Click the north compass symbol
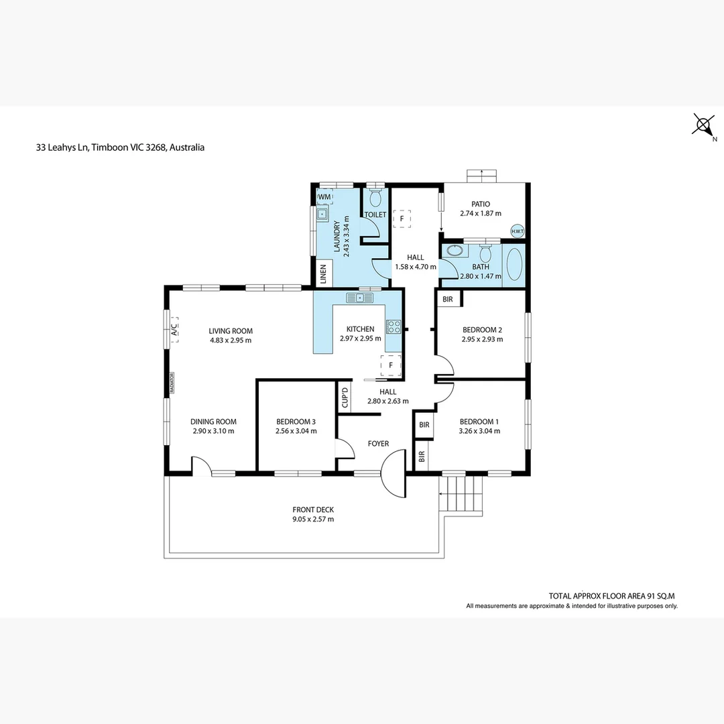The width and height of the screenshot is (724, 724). (x=704, y=125)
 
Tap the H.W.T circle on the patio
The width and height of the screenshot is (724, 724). (x=517, y=231)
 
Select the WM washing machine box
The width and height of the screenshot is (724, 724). (x=324, y=196)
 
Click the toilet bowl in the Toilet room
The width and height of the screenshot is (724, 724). (x=375, y=198)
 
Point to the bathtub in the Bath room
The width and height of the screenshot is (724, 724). (x=514, y=265)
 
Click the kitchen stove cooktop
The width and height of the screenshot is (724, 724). (x=394, y=327)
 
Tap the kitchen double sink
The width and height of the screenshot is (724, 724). (x=360, y=298)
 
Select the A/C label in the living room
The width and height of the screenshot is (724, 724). (x=174, y=330)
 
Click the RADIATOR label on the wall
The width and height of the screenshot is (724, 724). (x=172, y=383)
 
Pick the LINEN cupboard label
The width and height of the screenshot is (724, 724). (x=323, y=274)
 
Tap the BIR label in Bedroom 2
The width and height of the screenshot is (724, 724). (x=447, y=299)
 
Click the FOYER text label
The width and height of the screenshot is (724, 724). (x=378, y=444)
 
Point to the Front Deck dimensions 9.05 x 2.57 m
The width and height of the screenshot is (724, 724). (x=313, y=519)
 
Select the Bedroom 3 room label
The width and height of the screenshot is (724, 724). (x=296, y=422)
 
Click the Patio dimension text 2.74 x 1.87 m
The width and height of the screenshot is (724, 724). (x=481, y=213)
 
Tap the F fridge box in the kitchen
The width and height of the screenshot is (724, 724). (x=391, y=365)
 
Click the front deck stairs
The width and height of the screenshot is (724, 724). (x=461, y=493)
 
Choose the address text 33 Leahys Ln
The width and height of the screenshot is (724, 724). (x=62, y=147)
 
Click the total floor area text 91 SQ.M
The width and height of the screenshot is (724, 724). (x=660, y=596)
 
